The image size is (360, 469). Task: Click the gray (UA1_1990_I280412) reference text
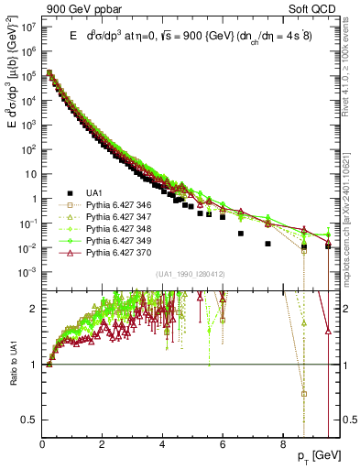(x=191, y=275)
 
